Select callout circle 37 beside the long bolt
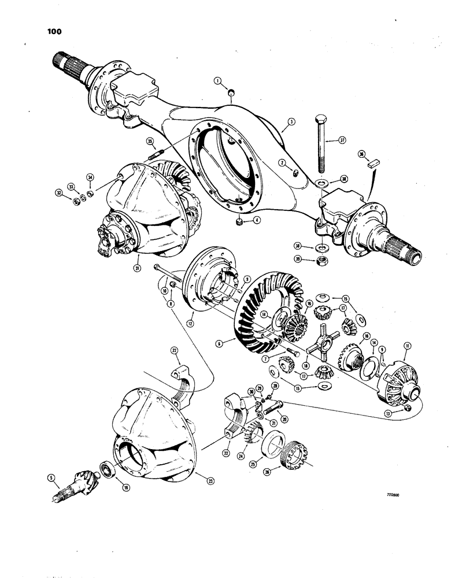click(342, 139)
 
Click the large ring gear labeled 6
click(254, 324)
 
